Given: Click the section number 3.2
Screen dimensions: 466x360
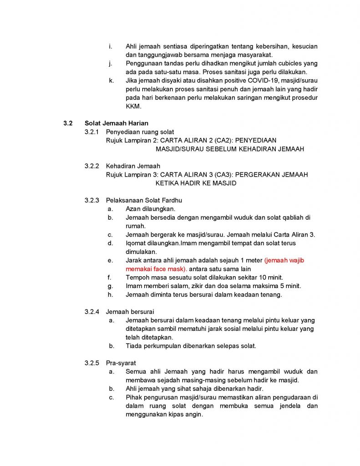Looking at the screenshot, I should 68,123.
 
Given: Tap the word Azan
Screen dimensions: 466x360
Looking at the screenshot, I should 133,209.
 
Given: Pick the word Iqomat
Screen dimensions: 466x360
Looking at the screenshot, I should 136,243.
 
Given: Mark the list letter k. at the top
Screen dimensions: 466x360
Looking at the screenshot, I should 111,81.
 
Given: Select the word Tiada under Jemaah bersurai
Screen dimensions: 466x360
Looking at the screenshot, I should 134,346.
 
